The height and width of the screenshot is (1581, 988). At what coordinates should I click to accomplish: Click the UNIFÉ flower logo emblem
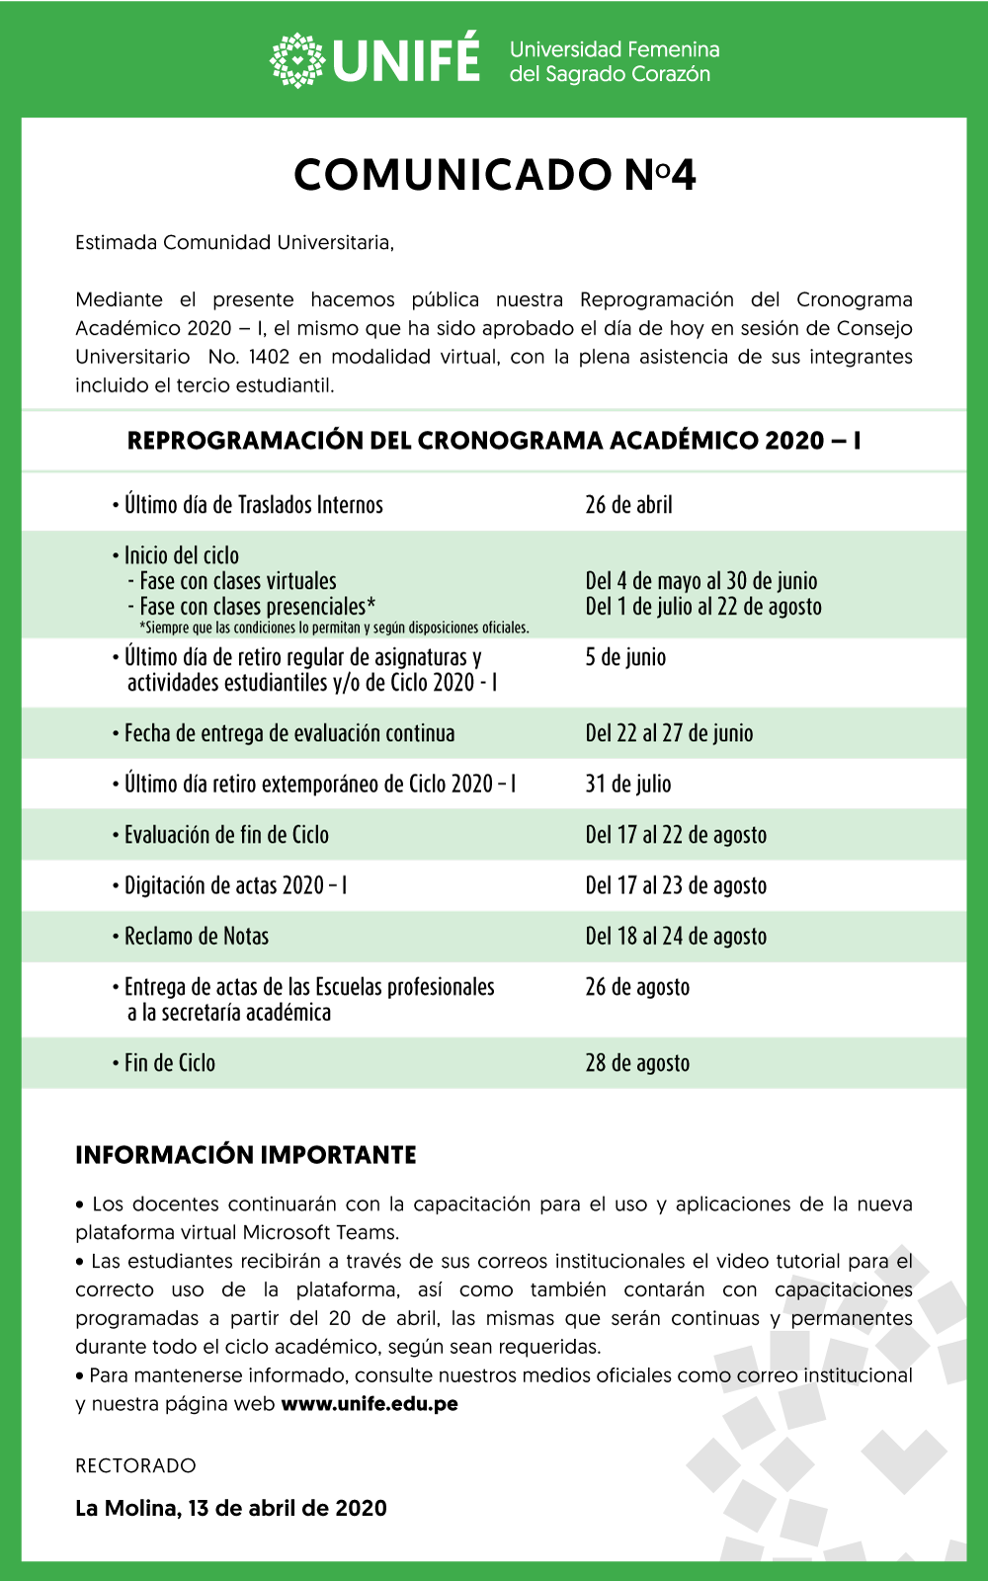point(297,60)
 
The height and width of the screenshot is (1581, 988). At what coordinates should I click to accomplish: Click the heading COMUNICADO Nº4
point(495,175)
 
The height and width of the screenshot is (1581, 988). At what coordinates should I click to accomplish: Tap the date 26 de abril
point(628,505)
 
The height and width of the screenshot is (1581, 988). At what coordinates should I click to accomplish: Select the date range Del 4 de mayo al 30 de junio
point(700,581)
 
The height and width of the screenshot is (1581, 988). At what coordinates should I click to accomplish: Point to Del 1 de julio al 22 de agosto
point(703,607)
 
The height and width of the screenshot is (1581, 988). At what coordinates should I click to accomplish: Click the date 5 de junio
point(625,657)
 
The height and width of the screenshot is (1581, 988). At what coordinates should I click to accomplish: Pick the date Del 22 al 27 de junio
point(669,733)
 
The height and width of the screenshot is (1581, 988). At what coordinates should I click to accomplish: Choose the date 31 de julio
point(628,785)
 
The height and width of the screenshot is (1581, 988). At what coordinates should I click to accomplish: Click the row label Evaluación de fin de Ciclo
point(226,835)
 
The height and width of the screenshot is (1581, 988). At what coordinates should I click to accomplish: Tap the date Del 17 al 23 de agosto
point(676,885)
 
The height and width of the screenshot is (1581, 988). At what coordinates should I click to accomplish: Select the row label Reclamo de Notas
point(197,937)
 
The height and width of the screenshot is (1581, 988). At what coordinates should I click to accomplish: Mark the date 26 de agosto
point(637,987)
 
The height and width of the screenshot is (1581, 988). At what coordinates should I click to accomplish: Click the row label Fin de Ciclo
point(170,1063)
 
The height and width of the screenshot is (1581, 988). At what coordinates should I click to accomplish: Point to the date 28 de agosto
point(637,1063)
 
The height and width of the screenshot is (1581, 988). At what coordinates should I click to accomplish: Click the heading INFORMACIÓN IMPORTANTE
point(246,1155)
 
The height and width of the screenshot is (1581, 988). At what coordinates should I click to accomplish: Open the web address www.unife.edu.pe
point(370,1404)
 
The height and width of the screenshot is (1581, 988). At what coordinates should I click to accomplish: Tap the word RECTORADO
point(135,1465)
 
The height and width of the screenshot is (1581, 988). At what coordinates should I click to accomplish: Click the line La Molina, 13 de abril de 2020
point(231,1508)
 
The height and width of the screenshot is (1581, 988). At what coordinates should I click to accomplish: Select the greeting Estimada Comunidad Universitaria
point(234,243)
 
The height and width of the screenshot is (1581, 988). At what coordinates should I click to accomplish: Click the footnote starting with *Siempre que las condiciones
point(334,628)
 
